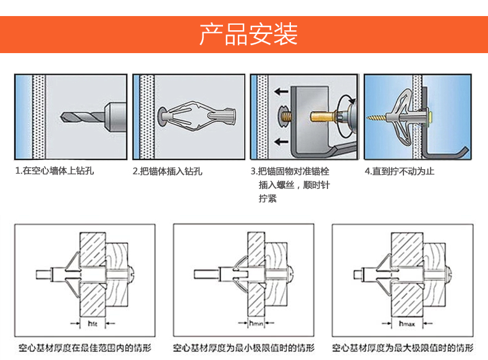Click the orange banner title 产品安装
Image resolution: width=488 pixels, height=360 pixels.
[248, 35]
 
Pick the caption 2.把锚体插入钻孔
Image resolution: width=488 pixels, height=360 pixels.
[167, 171]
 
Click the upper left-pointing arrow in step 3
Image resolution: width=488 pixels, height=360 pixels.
[281, 91]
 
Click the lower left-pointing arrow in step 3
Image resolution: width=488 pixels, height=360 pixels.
[281, 141]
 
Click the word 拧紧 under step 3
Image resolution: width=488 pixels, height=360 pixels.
[267, 198]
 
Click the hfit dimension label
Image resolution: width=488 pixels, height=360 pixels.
[93, 323]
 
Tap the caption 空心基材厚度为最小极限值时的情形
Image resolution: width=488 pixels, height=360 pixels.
[244, 347]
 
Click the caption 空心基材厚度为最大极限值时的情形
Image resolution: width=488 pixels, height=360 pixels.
[404, 347]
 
